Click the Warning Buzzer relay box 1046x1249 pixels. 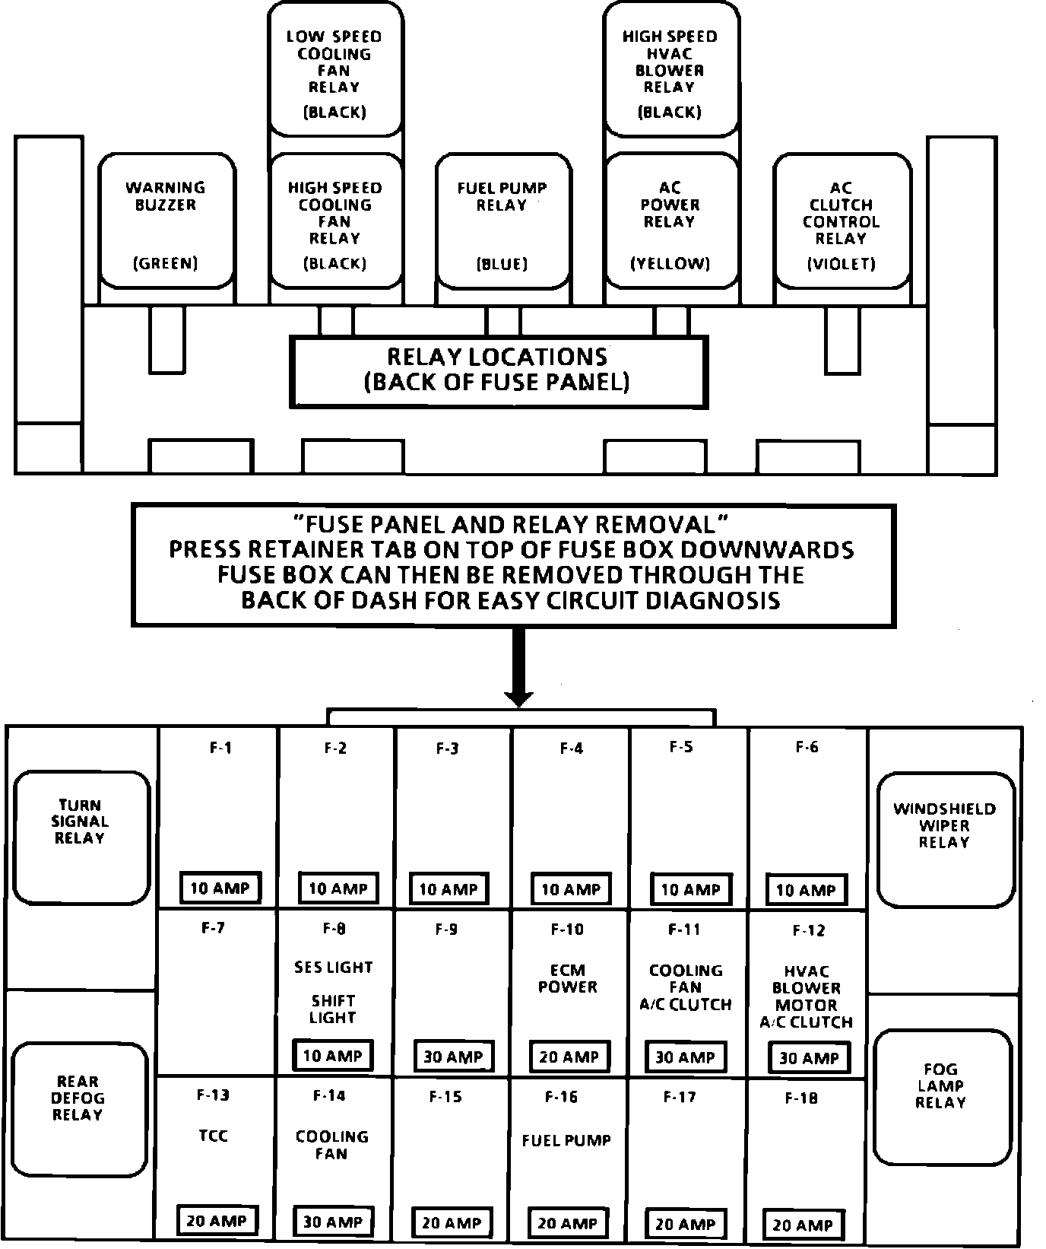tap(166, 221)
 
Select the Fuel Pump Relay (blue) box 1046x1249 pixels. tap(502, 221)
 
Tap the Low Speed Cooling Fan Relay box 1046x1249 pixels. tap(334, 70)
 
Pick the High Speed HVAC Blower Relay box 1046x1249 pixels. tap(670, 70)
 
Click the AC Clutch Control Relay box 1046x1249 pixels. tap(842, 221)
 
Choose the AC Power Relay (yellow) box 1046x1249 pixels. tap(670, 221)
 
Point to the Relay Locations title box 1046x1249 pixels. tap(498, 370)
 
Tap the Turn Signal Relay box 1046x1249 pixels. tap(81, 837)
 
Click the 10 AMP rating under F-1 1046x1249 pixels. tap(220, 888)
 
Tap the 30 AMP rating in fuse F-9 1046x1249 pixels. tap(453, 1057)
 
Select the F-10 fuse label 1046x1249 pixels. tap(567, 930)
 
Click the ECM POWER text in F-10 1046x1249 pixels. tap(568, 979)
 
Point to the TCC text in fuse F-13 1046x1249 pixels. tap(213, 1136)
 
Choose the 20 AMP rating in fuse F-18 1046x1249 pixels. tap(803, 1225)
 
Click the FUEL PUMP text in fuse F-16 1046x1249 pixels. tap(566, 1140)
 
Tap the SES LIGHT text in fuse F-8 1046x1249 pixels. tap(333, 968)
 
